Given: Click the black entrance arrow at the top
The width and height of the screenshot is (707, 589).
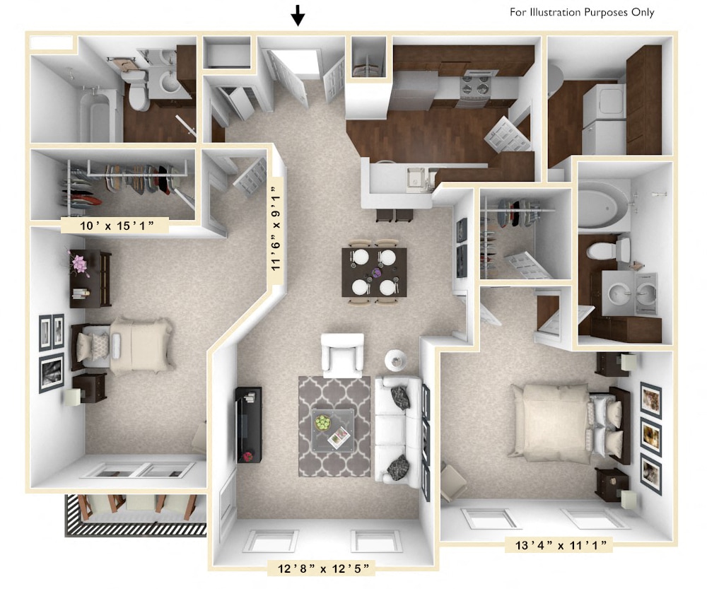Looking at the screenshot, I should pos(298,15).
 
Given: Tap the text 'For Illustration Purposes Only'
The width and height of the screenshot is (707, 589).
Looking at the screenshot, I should pos(582,12).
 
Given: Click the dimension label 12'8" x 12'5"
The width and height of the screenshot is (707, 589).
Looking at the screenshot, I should pos(320,566).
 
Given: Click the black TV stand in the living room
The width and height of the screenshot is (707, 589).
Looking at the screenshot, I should pos(248,424).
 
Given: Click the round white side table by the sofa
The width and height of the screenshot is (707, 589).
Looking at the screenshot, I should pos(396,359).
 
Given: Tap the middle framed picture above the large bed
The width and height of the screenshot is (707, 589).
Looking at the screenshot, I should pos(650,431).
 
